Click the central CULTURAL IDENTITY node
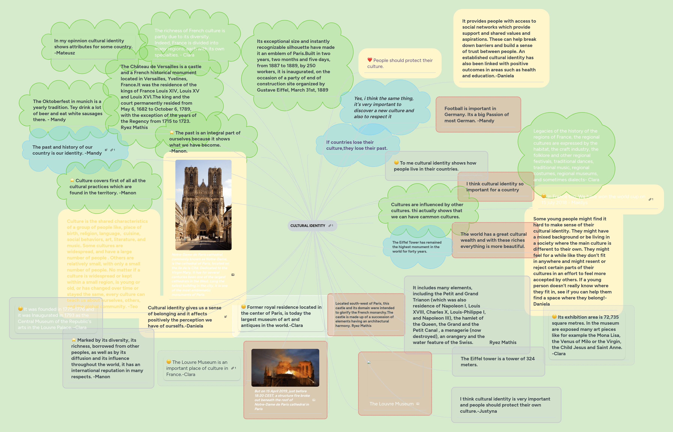click(x=308, y=225)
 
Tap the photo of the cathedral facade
click(x=203, y=205)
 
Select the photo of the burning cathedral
click(x=285, y=367)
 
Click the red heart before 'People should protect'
click(x=370, y=60)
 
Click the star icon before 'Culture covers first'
click(x=72, y=180)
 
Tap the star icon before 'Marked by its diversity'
click(x=74, y=340)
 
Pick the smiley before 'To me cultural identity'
click(x=396, y=162)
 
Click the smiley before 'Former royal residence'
click(x=243, y=307)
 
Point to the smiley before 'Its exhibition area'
click(x=554, y=317)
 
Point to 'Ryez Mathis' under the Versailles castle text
click(x=134, y=127)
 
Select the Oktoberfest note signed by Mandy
click(x=67, y=110)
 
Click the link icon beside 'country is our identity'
click(x=112, y=150)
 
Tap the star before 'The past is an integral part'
click(x=172, y=132)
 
